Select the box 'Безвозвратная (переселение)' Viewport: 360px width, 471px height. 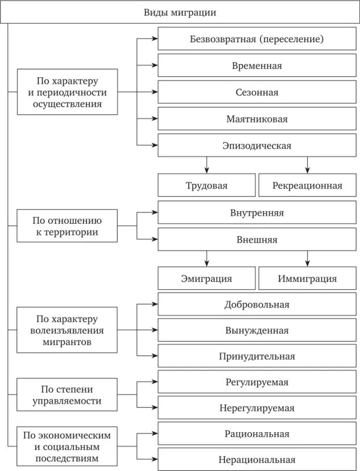[x=257, y=40]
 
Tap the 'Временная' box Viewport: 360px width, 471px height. [x=257, y=66]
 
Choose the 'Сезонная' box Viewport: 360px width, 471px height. [x=257, y=92]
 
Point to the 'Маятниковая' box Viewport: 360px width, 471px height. [x=257, y=119]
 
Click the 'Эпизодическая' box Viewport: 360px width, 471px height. [x=257, y=145]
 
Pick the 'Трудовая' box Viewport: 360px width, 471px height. [x=206, y=185]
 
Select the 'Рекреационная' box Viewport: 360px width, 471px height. [x=307, y=185]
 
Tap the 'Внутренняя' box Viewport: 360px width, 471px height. [x=257, y=212]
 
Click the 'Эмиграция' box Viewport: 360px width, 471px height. [x=206, y=278]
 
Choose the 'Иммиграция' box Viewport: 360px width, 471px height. [x=307, y=278]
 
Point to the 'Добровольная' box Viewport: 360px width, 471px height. [x=257, y=305]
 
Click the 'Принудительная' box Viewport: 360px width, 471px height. [x=257, y=356]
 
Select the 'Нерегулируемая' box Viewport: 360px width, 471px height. [x=257, y=408]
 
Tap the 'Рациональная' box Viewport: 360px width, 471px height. [x=257, y=434]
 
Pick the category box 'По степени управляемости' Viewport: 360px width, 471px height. [x=68, y=395]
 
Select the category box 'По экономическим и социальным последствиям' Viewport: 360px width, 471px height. [x=68, y=446]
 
